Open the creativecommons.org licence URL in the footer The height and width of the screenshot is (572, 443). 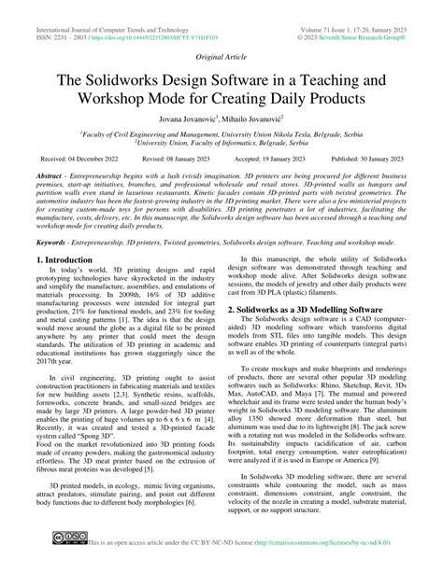point(317,564)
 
